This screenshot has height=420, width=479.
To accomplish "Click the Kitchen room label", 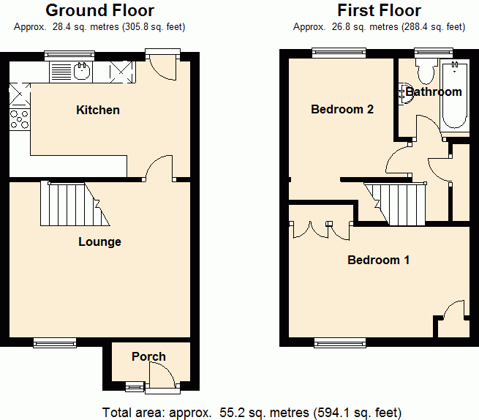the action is [98, 110].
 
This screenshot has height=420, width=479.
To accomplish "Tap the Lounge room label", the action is [99, 241].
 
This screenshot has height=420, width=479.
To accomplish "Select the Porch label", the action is [148, 356].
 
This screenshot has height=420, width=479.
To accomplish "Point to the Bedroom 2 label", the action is [342, 109].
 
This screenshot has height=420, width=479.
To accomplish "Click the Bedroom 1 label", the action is [379, 260].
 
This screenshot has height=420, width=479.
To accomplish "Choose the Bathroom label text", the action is [434, 91].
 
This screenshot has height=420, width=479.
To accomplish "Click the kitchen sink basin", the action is [82, 71].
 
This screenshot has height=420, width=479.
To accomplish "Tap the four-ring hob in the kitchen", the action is [20, 119].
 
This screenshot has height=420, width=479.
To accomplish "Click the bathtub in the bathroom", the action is [455, 95].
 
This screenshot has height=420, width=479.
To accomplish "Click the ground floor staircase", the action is [75, 204].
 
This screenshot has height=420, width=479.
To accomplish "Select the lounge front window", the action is [55, 342].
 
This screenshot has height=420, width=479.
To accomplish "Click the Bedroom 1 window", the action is [340, 342].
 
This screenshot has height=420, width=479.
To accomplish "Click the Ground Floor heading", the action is [100, 10].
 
